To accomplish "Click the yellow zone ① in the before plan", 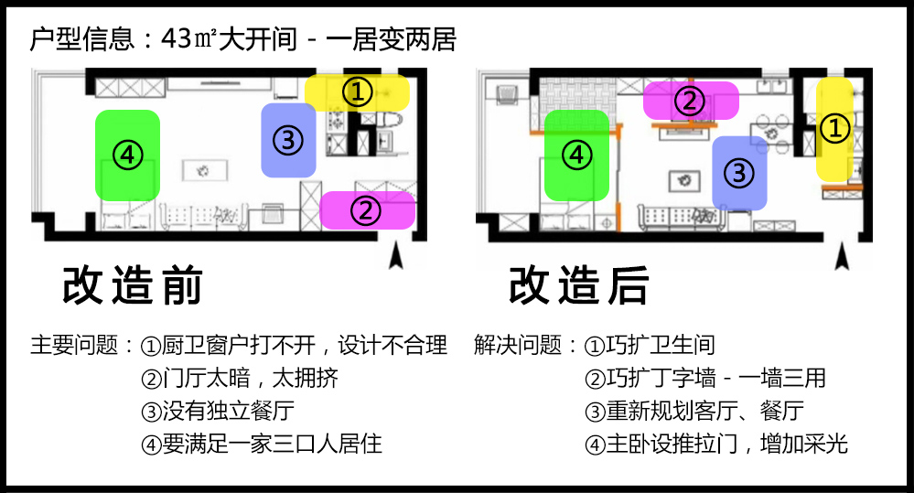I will (358, 91).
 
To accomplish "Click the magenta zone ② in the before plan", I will (367, 210).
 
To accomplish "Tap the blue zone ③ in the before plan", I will (288, 140).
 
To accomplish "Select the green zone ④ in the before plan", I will (128, 155).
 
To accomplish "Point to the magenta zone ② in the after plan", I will (690, 100).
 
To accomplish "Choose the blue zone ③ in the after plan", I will (740, 173).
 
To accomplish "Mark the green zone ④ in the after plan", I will (576, 155).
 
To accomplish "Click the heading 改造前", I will (132, 286).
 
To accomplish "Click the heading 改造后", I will (578, 286).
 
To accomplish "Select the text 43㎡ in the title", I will (189, 39).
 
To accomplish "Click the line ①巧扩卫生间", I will (650, 346).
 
